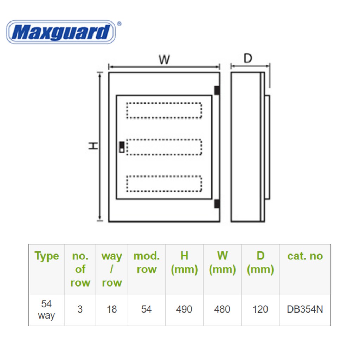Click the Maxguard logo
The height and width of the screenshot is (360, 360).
(61, 32)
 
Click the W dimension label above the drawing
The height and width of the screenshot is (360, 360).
(164, 60)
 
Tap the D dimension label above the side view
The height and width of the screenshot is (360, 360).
(248, 58)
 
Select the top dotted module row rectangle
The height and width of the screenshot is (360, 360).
(164, 110)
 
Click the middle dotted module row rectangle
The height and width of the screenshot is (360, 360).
(164, 147)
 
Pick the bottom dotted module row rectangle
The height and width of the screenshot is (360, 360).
(164, 184)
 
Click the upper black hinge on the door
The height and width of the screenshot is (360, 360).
(217, 90)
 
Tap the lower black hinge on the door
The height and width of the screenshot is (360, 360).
(217, 204)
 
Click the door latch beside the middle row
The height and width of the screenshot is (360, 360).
(122, 147)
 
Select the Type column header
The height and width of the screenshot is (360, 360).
(47, 256)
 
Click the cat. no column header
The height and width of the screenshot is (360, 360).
(305, 256)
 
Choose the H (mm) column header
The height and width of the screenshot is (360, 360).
(184, 263)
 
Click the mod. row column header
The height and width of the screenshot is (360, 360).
(146, 263)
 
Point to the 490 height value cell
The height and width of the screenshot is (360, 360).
(184, 309)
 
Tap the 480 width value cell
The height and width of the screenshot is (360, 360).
(222, 309)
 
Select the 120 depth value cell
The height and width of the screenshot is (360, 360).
(260, 309)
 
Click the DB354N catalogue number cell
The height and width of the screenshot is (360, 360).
(305, 309)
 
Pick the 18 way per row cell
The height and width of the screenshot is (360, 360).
(112, 309)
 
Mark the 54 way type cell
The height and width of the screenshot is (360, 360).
(46, 309)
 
